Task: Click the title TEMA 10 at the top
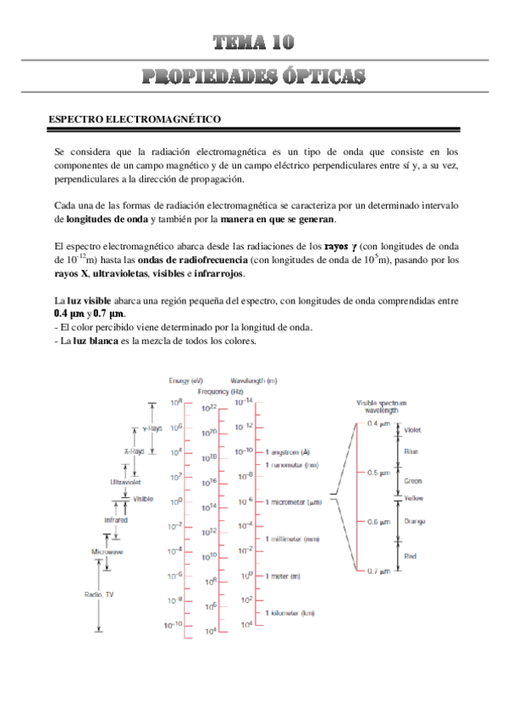point(253,43)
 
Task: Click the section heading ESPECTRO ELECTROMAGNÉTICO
point(135,120)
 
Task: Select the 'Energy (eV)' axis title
point(185,380)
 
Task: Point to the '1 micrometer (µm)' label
point(295,501)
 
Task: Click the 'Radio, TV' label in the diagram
point(99,594)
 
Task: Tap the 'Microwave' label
point(107,551)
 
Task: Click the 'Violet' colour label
point(413,429)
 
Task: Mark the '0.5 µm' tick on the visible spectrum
point(378,472)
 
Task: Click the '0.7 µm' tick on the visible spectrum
point(378,571)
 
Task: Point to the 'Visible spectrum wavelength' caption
point(377,407)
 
